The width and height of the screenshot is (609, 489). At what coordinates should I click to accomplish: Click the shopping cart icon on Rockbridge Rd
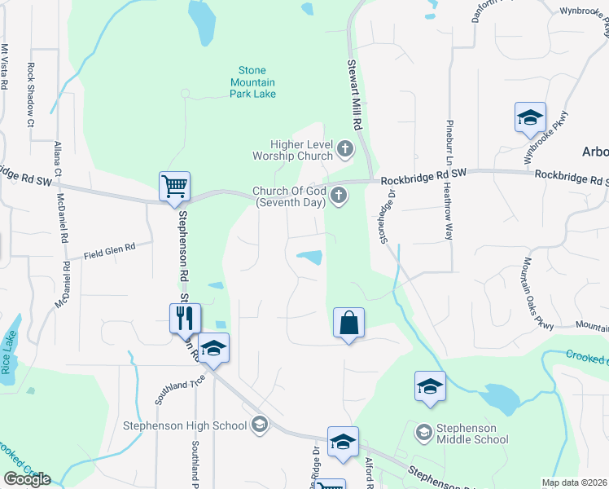pos(174,186)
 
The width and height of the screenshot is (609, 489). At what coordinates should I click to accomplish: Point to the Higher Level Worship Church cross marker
pos(345,148)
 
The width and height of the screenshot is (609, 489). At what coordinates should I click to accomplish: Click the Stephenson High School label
pos(184,425)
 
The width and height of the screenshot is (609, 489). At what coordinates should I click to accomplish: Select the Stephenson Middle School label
pos(471,434)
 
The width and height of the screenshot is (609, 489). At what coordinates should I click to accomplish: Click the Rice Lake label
pos(9,351)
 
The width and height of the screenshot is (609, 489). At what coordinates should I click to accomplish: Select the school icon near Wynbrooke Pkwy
pos(529,117)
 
